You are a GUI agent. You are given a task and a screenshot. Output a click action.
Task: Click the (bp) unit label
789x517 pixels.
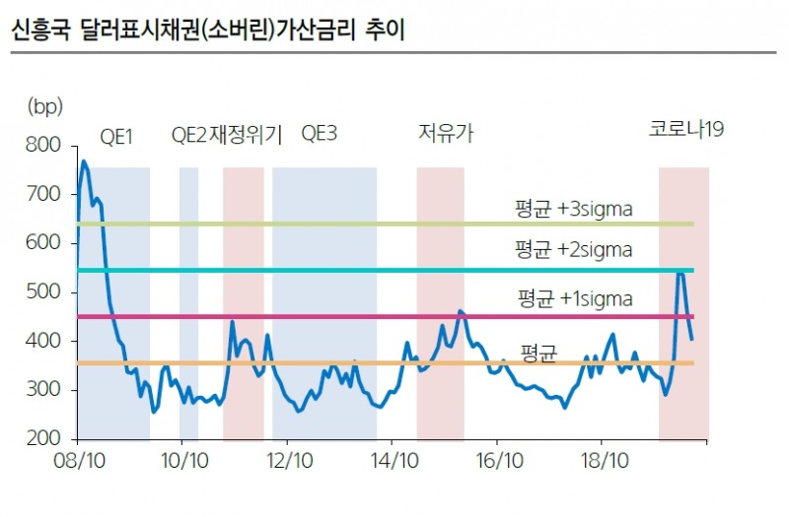click(44, 105)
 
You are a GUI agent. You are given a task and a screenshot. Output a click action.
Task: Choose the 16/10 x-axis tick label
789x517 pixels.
click(498, 460)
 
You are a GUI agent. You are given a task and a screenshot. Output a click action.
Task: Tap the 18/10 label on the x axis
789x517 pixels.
click(604, 460)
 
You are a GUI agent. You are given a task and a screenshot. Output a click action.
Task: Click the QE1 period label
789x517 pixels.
click(116, 135)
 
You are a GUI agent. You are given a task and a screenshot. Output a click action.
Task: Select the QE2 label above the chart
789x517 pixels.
click(189, 135)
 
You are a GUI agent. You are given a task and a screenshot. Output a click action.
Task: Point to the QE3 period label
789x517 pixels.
click(319, 134)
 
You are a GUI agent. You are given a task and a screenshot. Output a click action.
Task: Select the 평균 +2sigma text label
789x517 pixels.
click(573, 249)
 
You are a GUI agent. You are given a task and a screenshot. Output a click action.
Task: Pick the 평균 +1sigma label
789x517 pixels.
click(575, 297)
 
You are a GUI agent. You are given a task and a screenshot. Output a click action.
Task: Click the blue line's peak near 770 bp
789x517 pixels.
click(83, 162)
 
